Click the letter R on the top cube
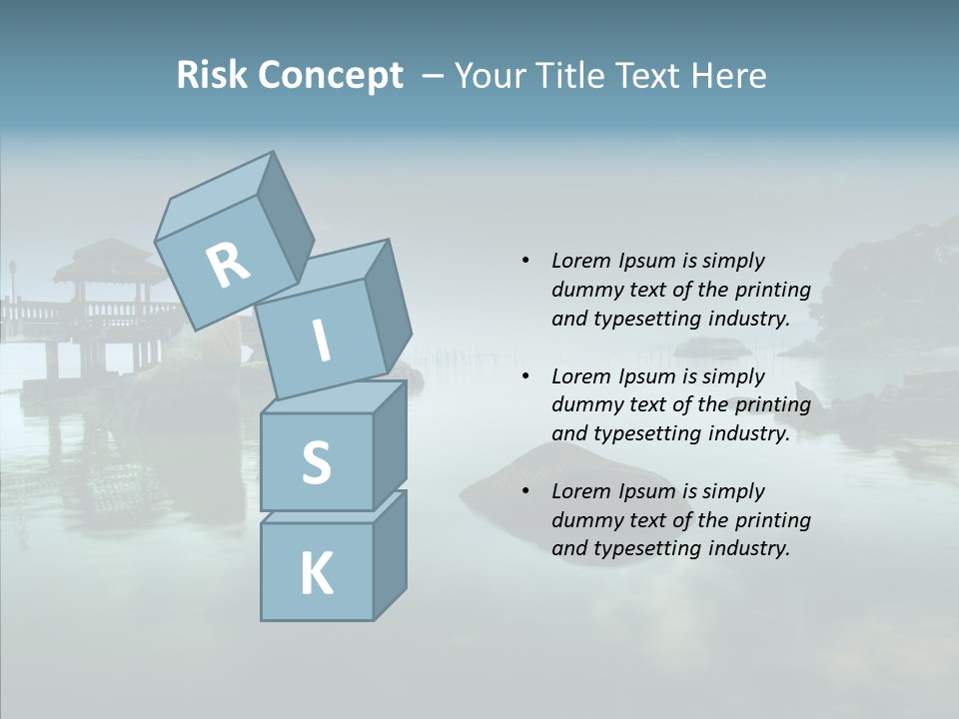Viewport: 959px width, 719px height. point(228,265)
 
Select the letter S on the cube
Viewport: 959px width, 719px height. point(316,462)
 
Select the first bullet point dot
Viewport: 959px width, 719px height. point(525,261)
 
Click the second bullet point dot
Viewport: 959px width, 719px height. point(525,376)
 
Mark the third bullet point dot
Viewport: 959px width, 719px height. point(525,491)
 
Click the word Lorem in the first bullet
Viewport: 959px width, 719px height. point(581,261)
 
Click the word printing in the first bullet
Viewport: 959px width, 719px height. point(772,290)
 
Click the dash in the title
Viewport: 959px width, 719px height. point(434,76)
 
